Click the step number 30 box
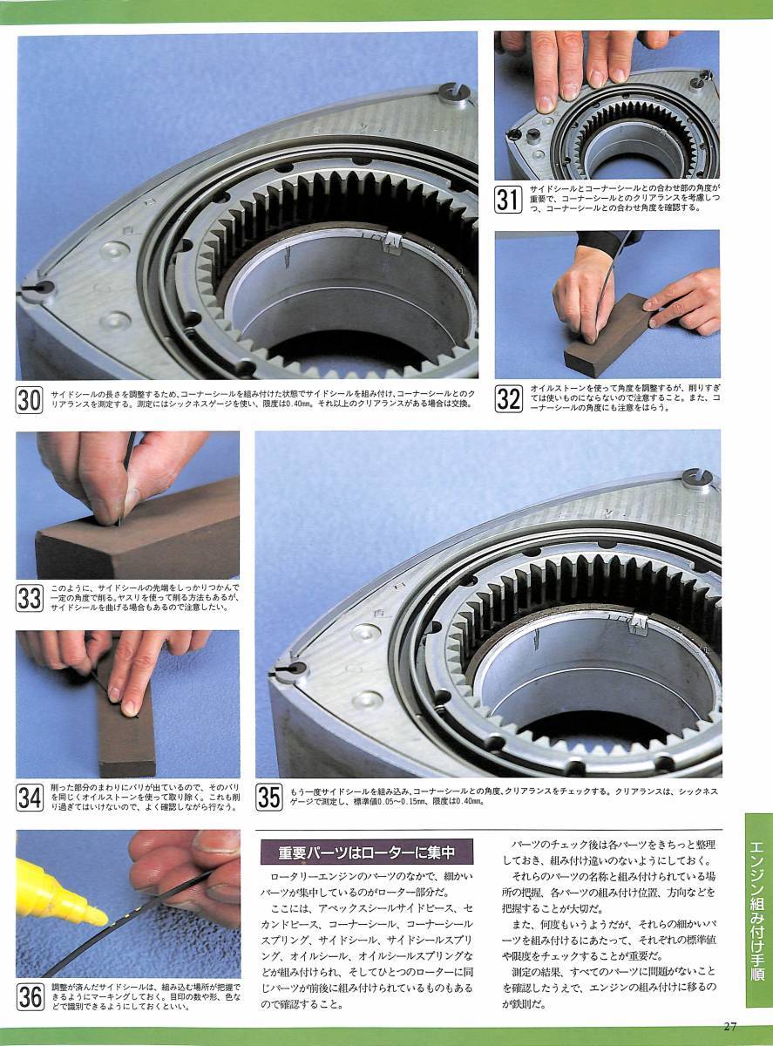[x=29, y=400]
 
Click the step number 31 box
[x=508, y=200]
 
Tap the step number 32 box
[x=508, y=399]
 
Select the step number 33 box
[x=29, y=598]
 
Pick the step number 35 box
[x=269, y=798]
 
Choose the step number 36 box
[x=30, y=996]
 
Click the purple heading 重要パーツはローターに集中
[x=366, y=852]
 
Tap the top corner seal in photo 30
[x=453, y=92]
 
